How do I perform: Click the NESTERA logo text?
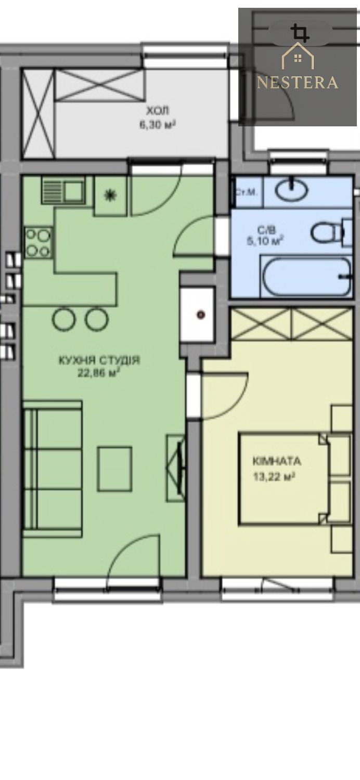coord(297,83)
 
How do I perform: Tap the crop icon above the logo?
coord(300,33)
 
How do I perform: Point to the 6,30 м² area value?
coord(157,124)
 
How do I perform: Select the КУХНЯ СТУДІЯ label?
coord(99,360)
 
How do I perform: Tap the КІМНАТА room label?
coord(277,462)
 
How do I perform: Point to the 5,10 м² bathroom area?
coord(265,241)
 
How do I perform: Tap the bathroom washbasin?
coord(292,190)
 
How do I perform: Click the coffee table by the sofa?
coord(114,469)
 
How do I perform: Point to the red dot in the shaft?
coord(201,315)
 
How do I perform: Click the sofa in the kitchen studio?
coord(52,470)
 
